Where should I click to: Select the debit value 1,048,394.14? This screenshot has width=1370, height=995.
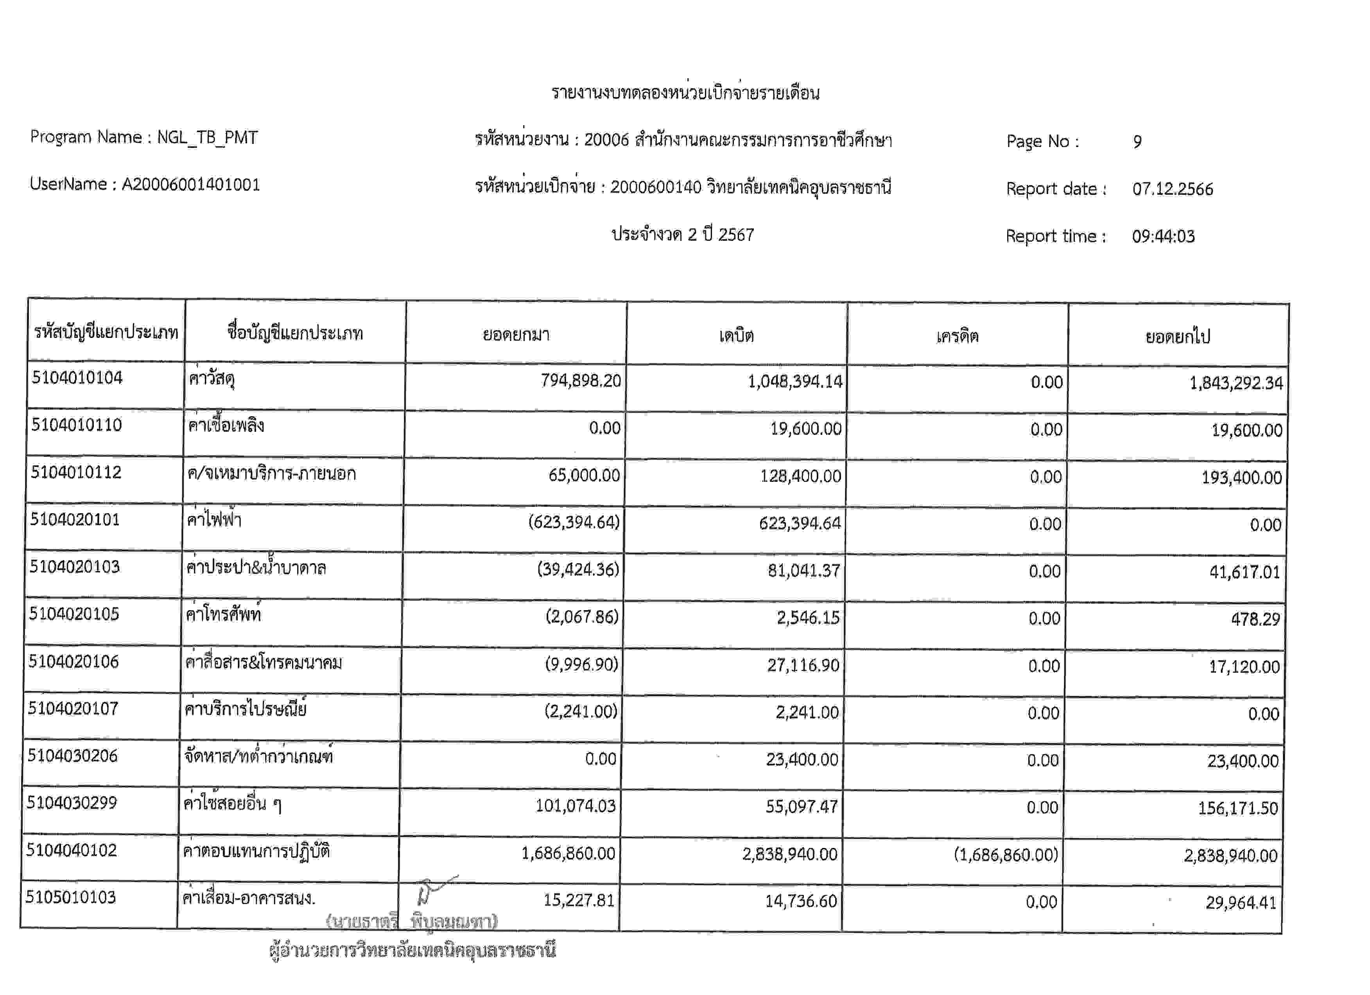click(x=794, y=382)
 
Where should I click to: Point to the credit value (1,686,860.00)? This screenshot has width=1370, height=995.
click(x=1005, y=855)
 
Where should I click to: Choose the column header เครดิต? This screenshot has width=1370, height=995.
click(x=958, y=336)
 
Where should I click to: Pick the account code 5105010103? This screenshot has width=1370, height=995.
click(x=71, y=898)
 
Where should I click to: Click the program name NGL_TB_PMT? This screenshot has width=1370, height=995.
click(x=207, y=138)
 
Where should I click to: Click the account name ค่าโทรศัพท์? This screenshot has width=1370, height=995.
click(x=224, y=615)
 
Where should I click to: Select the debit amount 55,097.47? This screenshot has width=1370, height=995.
click(x=801, y=807)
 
